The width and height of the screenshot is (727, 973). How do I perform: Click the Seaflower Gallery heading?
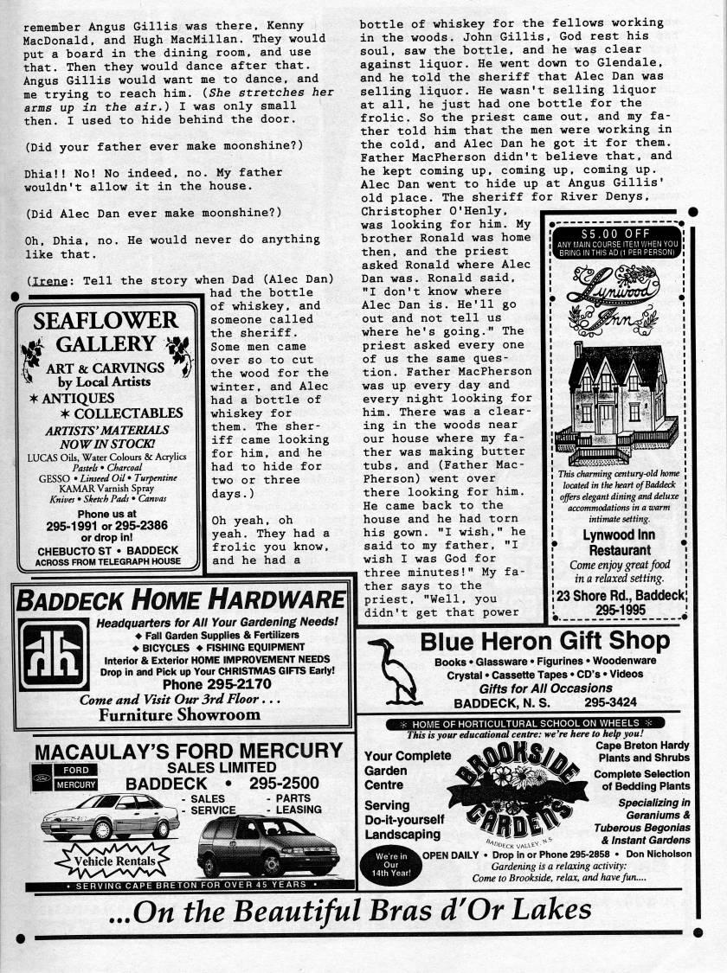click(106, 332)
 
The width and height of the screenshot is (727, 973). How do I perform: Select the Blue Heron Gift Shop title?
click(544, 641)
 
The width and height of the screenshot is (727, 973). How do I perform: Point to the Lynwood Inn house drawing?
click(615, 401)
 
